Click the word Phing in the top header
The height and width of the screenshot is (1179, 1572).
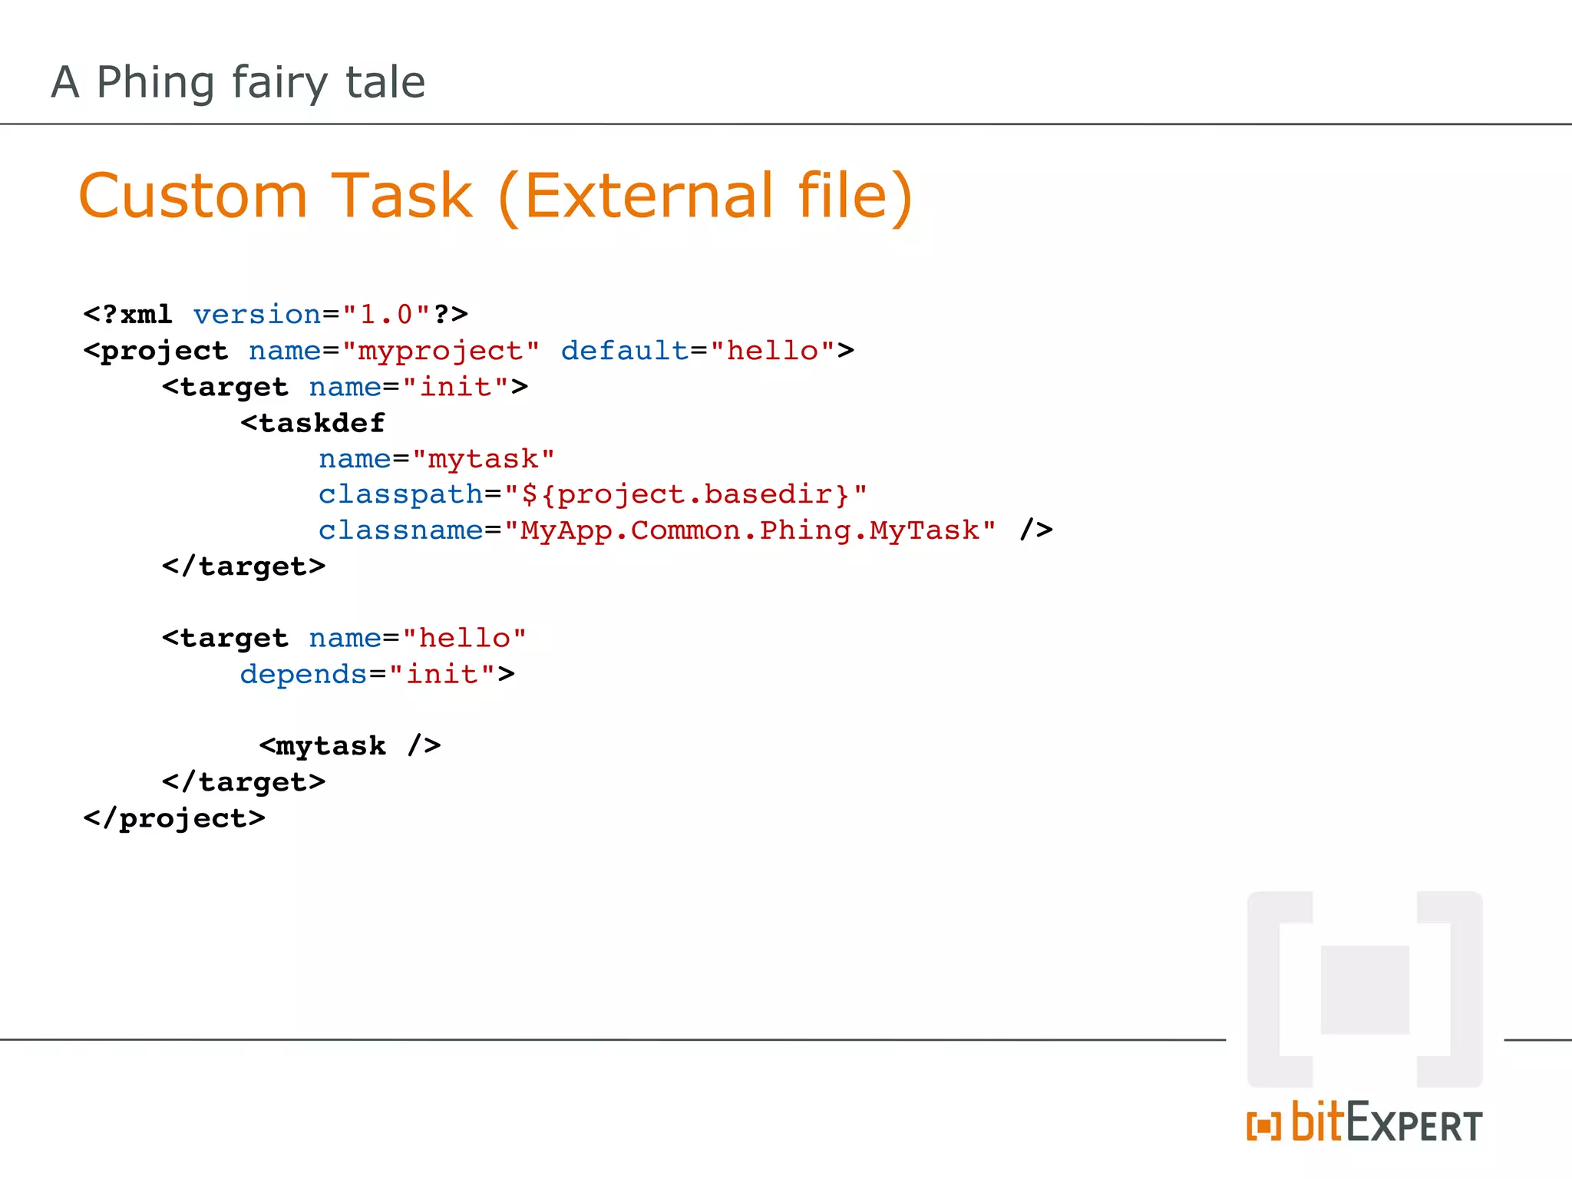pos(155,82)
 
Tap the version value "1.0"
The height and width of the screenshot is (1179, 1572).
pos(386,315)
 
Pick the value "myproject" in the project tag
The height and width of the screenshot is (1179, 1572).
pos(441,351)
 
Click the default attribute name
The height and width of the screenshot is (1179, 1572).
pos(624,351)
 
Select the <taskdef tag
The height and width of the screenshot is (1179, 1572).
pos(312,423)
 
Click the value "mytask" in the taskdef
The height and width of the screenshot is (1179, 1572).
pos(483,459)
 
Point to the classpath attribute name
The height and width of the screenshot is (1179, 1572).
pos(401,495)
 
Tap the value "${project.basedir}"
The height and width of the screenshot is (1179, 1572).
pos(685,495)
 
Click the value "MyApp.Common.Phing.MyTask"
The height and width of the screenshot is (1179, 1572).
pos(749,530)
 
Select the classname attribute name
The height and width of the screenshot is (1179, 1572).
pos(401,530)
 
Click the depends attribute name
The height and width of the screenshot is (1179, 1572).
pos(303,675)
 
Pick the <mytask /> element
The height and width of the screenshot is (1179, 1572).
pos(350,746)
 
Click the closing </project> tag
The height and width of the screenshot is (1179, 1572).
pos(174,818)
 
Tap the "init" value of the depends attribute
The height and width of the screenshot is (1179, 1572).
pos(442,675)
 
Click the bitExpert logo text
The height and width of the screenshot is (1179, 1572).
pos(1386,1124)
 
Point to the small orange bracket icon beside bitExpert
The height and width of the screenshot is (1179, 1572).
pos(1263,1127)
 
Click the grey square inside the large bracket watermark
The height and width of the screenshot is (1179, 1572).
pos(1365,989)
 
